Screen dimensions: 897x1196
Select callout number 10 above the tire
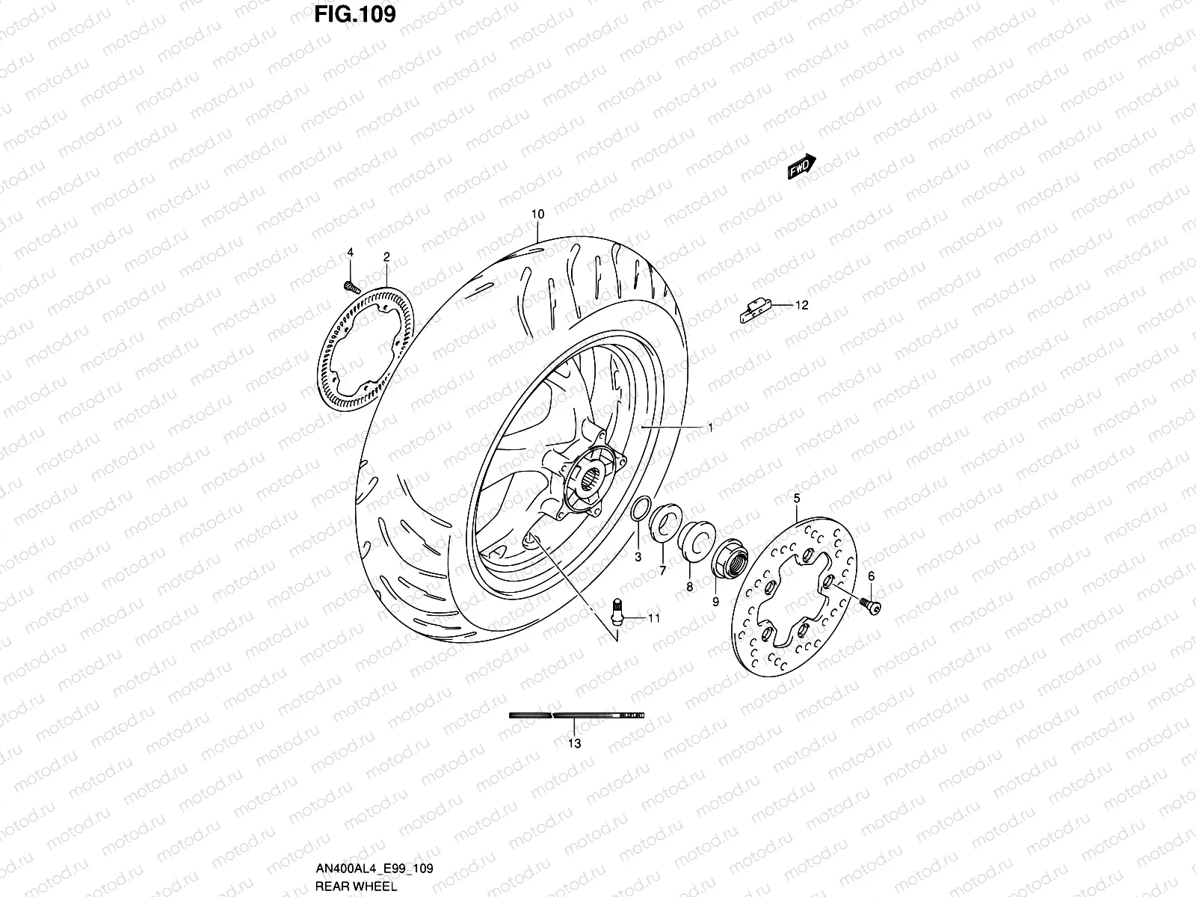coord(537,215)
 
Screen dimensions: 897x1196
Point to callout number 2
coord(386,257)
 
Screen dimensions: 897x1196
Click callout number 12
coord(802,305)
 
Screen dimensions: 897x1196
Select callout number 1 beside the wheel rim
coord(710,428)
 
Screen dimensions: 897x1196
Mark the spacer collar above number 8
coord(695,540)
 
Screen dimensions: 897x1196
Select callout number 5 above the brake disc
coord(797,497)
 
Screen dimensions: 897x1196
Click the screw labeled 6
coord(871,605)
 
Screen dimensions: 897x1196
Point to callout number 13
coord(574,744)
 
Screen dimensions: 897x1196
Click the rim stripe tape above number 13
coord(576,715)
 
